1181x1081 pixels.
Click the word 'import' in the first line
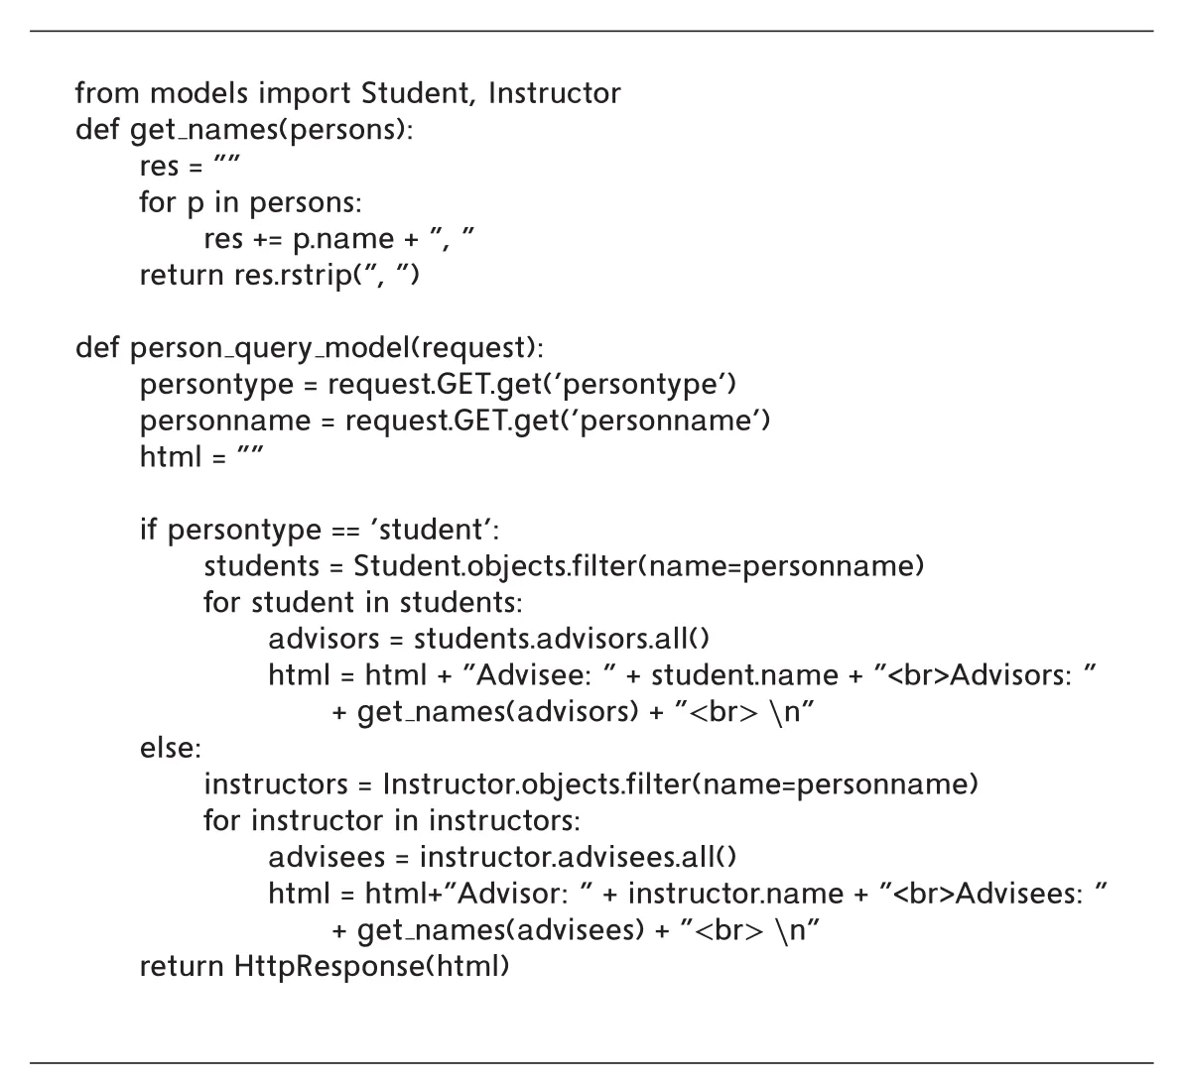pos(305,94)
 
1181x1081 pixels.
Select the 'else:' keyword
pos(171,748)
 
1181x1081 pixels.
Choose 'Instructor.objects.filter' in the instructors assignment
pos(537,784)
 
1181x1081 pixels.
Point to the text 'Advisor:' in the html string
pos(513,894)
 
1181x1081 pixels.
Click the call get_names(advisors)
pos(498,712)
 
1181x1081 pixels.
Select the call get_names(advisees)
pos(501,930)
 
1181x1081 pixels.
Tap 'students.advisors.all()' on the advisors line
pos(562,639)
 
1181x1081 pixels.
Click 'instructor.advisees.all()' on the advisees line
pos(579,858)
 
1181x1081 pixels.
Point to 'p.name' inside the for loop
pos(343,240)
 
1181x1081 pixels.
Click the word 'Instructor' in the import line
pos(555,94)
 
